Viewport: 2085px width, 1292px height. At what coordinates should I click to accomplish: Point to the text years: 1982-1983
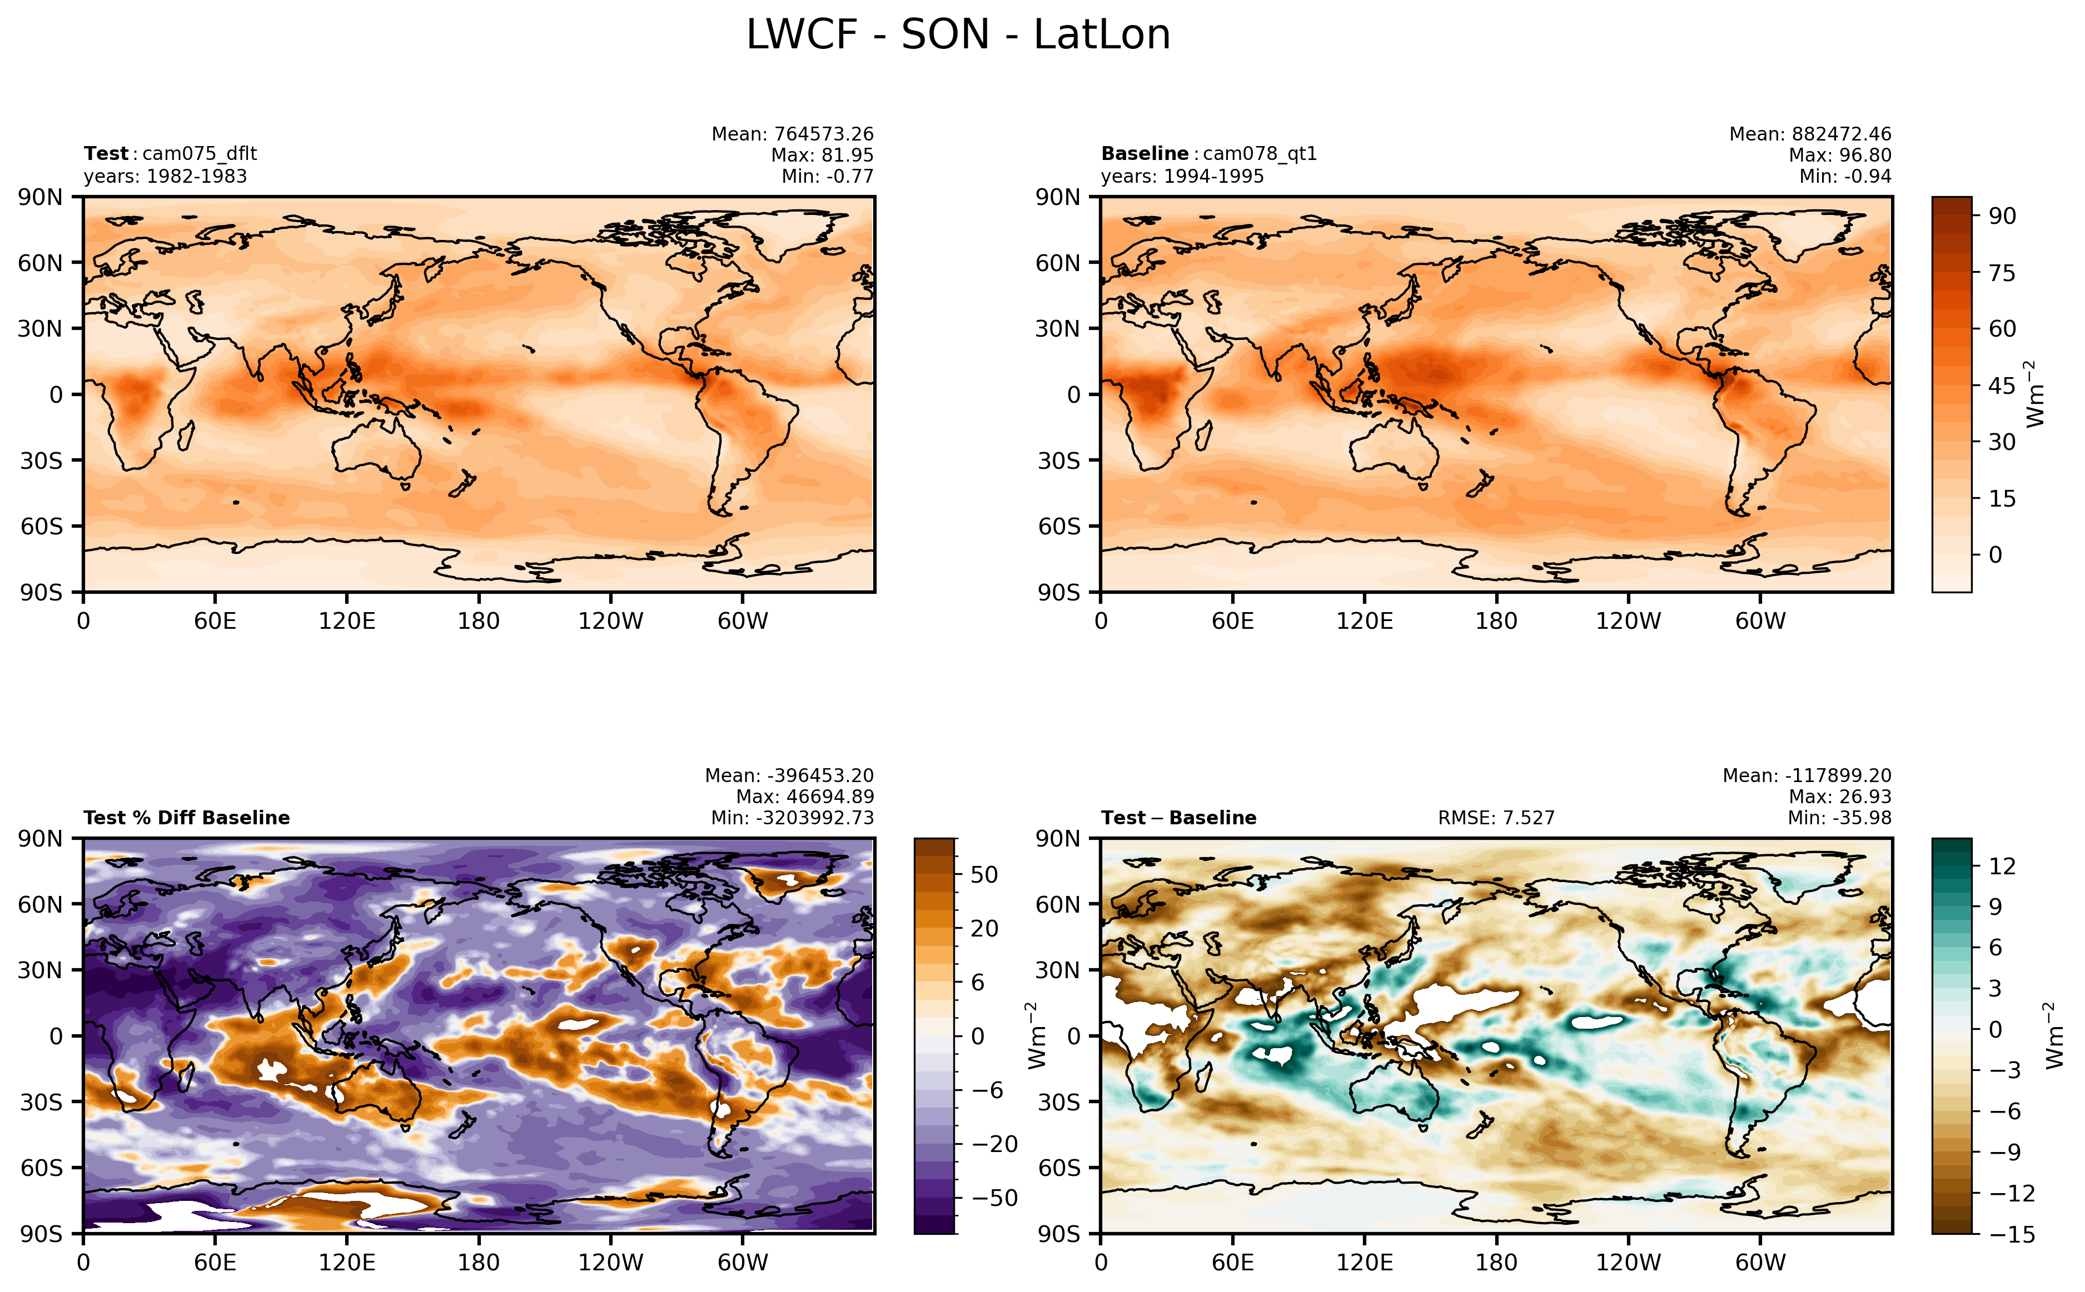point(165,176)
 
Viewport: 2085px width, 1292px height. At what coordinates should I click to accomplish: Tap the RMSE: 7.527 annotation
point(1495,818)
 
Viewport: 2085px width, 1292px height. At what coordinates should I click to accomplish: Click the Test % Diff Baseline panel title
point(186,818)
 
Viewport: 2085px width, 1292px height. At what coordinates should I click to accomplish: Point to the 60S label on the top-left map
point(41,527)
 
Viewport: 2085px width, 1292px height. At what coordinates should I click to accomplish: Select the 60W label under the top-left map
point(742,621)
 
